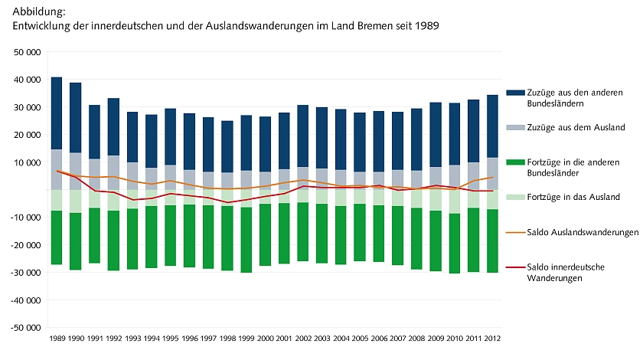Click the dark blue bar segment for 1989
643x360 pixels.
click(57, 113)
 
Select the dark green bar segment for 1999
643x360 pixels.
click(246, 240)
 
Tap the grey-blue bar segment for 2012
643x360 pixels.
click(492, 174)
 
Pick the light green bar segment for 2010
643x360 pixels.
click(455, 201)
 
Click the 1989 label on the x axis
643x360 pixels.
click(57, 337)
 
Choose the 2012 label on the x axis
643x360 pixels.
click(492, 337)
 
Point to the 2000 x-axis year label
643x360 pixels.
click(265, 337)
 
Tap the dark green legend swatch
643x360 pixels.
click(513, 162)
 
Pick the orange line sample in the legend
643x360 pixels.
click(513, 232)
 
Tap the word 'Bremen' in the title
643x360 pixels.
click(368, 26)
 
